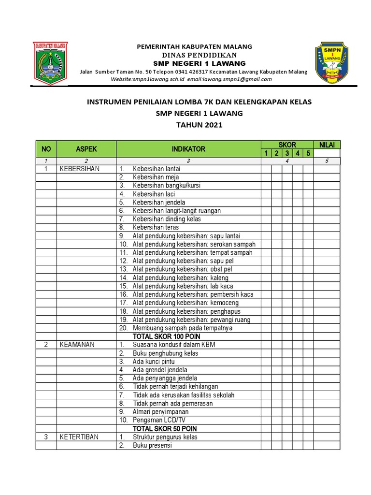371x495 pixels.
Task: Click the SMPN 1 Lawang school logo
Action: [331, 61]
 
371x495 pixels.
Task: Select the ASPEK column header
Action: [86, 149]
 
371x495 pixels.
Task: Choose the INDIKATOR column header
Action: [188, 149]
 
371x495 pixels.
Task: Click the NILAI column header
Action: [327, 145]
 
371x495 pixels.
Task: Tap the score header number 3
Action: [286, 153]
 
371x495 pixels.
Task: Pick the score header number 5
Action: [308, 153]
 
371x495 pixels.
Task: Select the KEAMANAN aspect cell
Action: [77, 345]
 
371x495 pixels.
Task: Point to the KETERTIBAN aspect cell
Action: [79, 437]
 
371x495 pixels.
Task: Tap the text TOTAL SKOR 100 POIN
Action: [167, 336]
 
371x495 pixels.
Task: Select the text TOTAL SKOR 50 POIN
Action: [165, 429]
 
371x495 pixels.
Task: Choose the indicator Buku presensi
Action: [152, 446]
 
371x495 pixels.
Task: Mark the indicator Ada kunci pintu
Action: [154, 362]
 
